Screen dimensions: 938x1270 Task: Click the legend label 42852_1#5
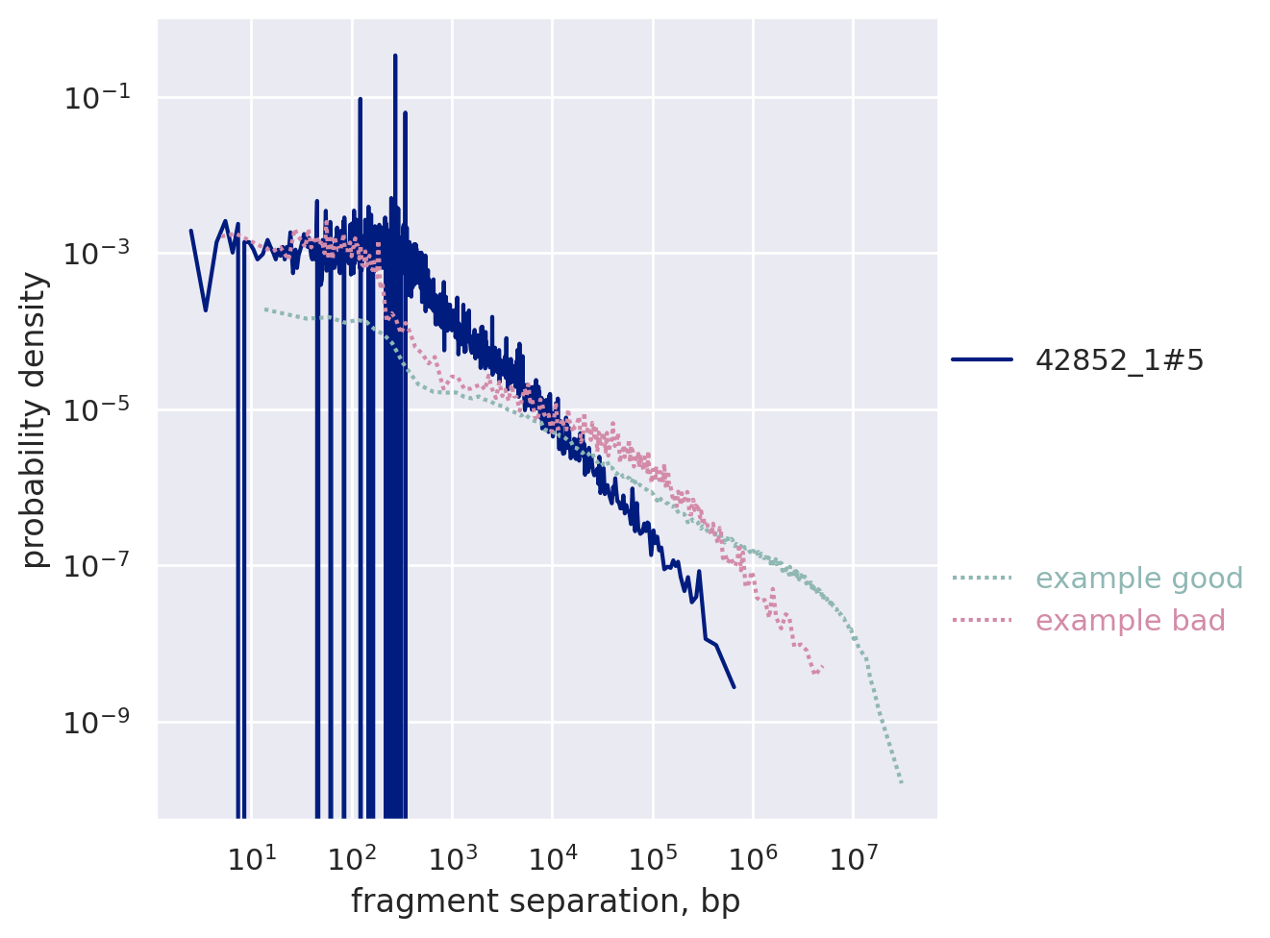click(x=1119, y=360)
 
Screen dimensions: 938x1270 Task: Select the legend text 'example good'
click(x=1139, y=579)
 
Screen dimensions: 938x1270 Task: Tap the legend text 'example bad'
click(x=1130, y=621)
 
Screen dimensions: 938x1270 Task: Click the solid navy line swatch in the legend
click(x=982, y=360)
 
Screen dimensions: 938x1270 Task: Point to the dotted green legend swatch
click(x=982, y=579)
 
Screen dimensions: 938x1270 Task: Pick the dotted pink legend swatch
click(x=982, y=621)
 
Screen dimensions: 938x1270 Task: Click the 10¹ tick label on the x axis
click(x=251, y=857)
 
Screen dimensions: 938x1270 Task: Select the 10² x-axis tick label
click(x=352, y=857)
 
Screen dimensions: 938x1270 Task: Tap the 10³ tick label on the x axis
click(x=452, y=857)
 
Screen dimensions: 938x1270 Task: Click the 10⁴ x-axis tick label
click(x=552, y=857)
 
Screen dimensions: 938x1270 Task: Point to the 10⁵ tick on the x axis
click(x=652, y=857)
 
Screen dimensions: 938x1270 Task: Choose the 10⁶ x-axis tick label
click(x=753, y=857)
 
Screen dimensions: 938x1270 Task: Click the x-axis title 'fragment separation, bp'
click(x=545, y=901)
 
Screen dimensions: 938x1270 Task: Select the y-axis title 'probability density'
click(x=35, y=419)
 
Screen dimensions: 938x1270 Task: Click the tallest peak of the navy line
click(x=395, y=56)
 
